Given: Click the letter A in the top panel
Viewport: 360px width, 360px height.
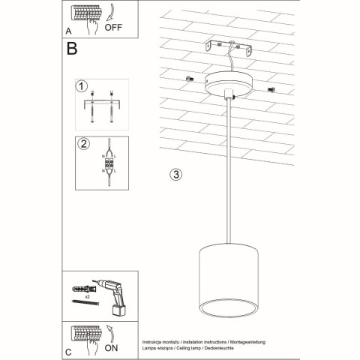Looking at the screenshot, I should [69, 31].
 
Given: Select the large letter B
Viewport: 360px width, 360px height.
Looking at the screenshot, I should [72, 49].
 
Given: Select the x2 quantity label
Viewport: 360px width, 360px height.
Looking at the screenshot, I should [89, 298].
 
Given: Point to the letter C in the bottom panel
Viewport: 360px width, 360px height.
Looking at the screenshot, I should [69, 350].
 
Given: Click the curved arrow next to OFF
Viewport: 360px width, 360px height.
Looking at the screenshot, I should [109, 12].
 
